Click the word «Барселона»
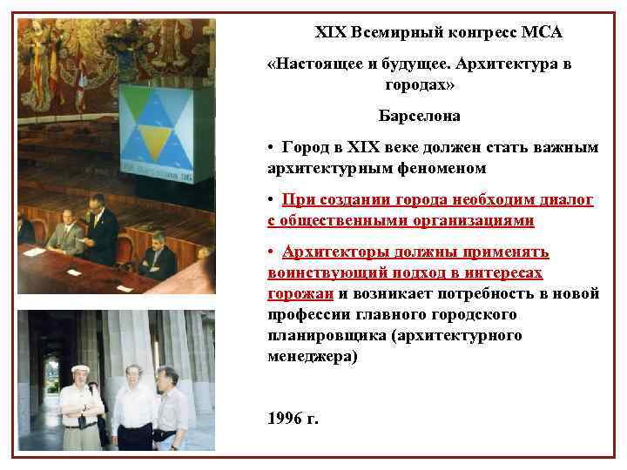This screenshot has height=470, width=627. (420, 116)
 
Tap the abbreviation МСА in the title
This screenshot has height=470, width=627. (542, 32)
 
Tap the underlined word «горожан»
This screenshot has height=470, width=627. (300, 293)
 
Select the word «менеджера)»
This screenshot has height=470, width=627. (312, 356)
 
